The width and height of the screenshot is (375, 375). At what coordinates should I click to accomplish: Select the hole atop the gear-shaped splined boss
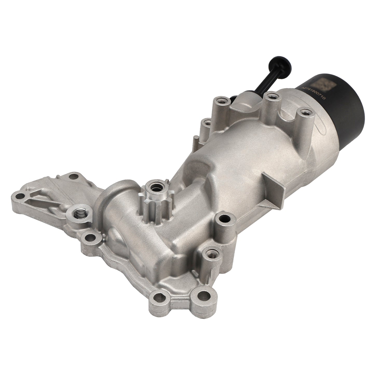click(157, 187)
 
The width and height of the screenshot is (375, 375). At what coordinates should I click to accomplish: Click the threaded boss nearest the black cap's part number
click(302, 112)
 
